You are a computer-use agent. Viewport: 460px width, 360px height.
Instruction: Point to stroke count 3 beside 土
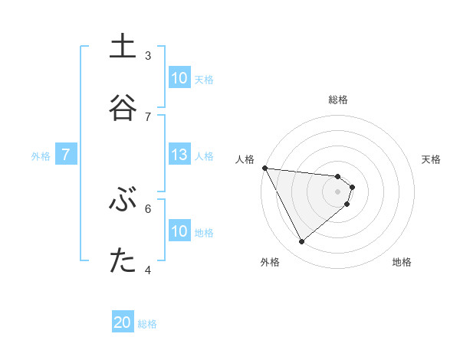(x=148, y=55)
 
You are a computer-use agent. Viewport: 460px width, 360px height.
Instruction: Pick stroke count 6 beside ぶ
(x=148, y=208)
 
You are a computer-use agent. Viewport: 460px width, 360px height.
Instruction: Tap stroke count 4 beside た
(x=148, y=270)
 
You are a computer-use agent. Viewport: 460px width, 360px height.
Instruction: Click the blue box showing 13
(x=179, y=155)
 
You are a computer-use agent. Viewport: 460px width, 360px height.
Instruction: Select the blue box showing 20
(x=123, y=323)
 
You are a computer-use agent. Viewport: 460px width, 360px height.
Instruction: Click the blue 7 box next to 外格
(x=66, y=155)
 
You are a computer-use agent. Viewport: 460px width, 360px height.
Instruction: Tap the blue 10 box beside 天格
(x=179, y=78)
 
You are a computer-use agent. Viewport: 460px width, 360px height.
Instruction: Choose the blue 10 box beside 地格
(x=179, y=231)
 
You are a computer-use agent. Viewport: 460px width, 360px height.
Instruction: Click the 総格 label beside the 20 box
(x=147, y=324)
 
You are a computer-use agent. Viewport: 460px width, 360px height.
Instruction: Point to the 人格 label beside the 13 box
(x=204, y=156)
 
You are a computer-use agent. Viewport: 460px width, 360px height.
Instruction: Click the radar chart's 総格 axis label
(x=338, y=100)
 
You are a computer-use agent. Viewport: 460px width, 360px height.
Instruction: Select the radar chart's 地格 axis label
(x=402, y=262)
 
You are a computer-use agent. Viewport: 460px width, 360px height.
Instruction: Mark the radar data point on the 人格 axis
(x=264, y=168)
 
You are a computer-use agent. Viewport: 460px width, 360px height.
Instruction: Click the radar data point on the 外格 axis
(x=301, y=242)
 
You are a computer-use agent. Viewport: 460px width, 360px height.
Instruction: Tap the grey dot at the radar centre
(x=338, y=191)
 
